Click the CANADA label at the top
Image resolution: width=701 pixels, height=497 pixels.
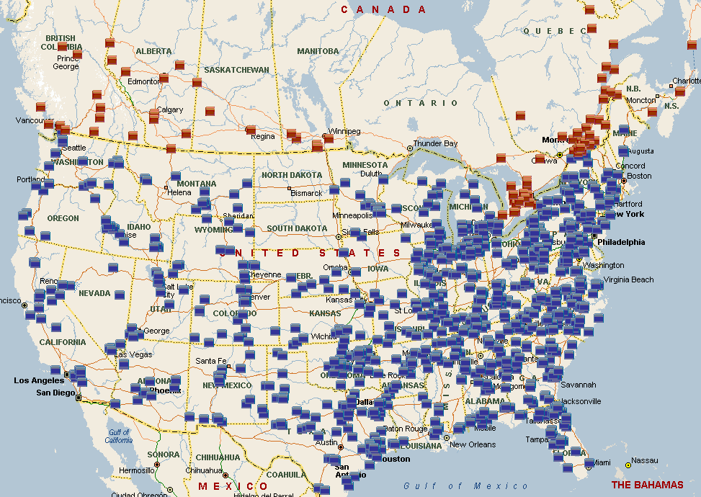(x=383, y=9)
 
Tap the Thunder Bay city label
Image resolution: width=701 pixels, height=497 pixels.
(x=436, y=144)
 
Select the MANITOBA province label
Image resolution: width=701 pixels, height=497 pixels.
(x=318, y=51)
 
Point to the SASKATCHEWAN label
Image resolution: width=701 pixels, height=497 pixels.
(x=236, y=70)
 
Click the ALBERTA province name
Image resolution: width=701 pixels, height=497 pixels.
(x=153, y=51)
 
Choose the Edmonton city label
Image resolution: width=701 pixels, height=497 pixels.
(x=144, y=81)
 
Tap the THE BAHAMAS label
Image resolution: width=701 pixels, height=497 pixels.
(x=647, y=485)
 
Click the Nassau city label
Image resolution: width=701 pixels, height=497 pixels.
(x=644, y=460)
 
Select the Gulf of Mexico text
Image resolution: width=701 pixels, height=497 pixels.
(x=465, y=486)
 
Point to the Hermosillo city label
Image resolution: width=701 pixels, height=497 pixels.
(x=137, y=470)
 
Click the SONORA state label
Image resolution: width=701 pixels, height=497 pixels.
(x=163, y=455)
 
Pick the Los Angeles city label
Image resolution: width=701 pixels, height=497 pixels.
(x=39, y=380)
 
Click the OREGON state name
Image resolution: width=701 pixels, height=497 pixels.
(x=63, y=218)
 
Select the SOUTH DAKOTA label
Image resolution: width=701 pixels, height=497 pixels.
(x=296, y=228)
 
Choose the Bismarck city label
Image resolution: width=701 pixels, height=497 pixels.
(x=306, y=193)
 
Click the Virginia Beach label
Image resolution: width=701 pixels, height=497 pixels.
(x=629, y=279)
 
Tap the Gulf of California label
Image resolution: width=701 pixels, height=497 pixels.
(x=118, y=436)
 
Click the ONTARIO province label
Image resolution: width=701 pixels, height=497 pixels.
(x=421, y=103)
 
